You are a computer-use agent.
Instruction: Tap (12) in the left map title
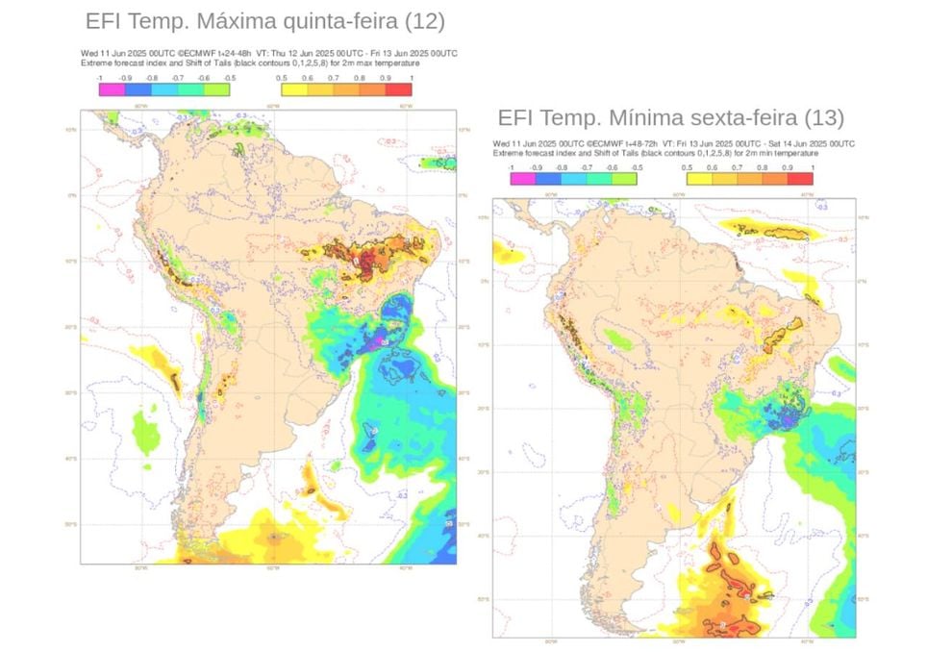(x=426, y=21)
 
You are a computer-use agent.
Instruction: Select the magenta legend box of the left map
(x=109, y=89)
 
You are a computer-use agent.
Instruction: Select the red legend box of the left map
(x=399, y=89)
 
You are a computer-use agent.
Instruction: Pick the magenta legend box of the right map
(x=521, y=176)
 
